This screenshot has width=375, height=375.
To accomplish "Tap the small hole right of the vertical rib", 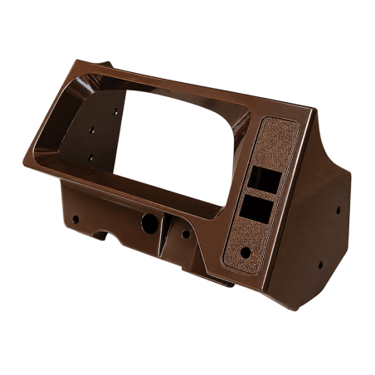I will point(185,233).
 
